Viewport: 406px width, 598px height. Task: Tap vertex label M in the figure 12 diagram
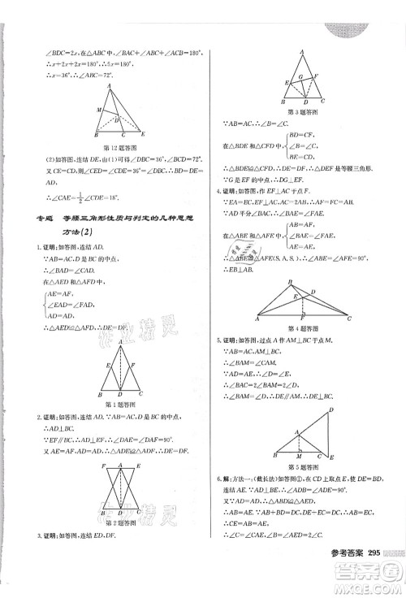[97, 109]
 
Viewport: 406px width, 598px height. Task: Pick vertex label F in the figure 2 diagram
[103, 467]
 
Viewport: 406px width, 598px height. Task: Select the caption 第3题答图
[301, 111]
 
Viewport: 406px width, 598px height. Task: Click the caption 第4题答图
[302, 326]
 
